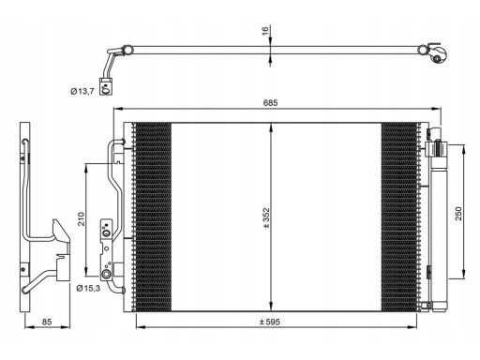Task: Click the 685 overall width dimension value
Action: tap(270, 103)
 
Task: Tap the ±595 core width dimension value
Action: tap(270, 322)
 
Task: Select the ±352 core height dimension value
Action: tap(266, 217)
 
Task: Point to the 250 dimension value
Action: tap(458, 214)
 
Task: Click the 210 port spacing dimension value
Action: tap(82, 218)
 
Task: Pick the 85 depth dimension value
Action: tap(47, 322)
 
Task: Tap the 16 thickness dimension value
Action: tap(265, 31)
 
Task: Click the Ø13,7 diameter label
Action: tap(82, 91)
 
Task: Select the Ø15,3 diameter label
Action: tap(88, 288)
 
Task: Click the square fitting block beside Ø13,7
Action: tap(106, 86)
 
